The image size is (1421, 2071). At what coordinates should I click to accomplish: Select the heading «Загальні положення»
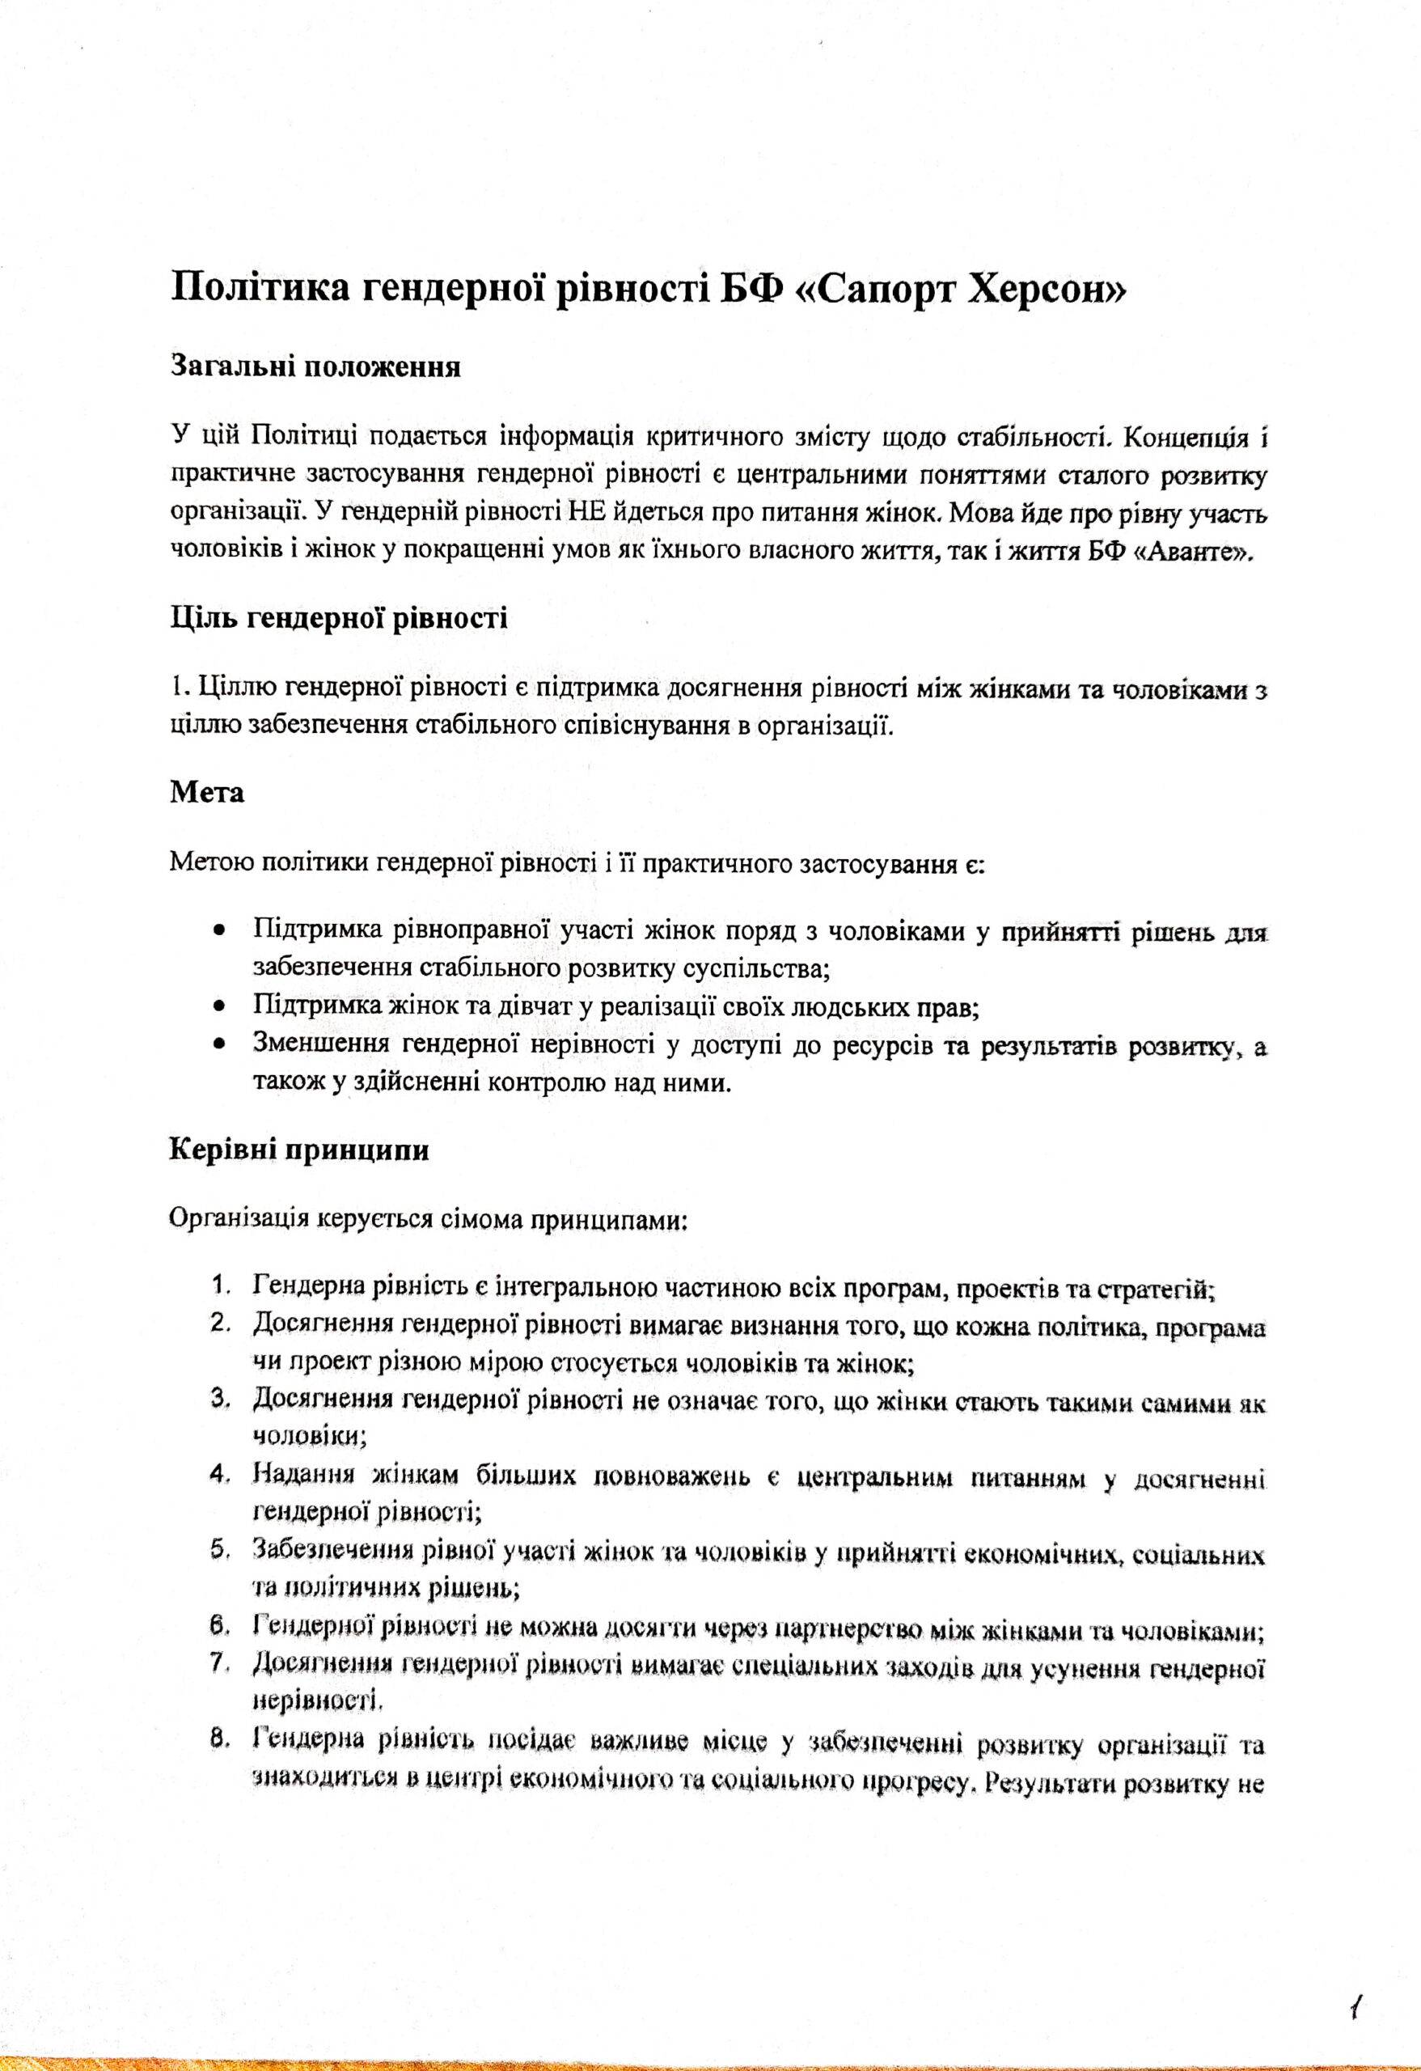(315, 368)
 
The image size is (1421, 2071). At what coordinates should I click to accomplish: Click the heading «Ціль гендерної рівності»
(339, 618)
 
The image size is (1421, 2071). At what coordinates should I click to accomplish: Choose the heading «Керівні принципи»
(298, 1150)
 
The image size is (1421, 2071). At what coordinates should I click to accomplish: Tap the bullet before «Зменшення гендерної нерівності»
(218, 1043)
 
